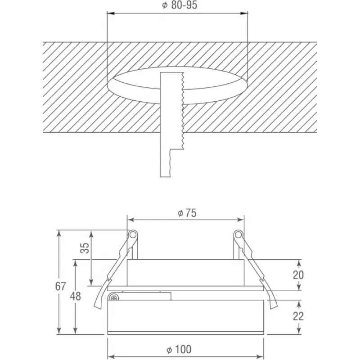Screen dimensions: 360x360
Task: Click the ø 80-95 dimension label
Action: (x=180, y=5)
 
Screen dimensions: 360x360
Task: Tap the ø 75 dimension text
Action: (x=187, y=213)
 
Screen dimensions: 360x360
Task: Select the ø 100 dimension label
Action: (x=179, y=349)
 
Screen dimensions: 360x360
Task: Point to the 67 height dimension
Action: (x=60, y=286)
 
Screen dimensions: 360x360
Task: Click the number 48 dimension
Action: (x=76, y=296)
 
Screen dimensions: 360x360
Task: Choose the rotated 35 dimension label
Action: (x=85, y=248)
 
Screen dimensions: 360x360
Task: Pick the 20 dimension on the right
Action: (x=298, y=275)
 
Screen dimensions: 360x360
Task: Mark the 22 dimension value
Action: (x=298, y=316)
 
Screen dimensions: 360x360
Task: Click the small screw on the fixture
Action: (x=114, y=298)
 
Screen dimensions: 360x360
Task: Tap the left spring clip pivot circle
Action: (x=132, y=234)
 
